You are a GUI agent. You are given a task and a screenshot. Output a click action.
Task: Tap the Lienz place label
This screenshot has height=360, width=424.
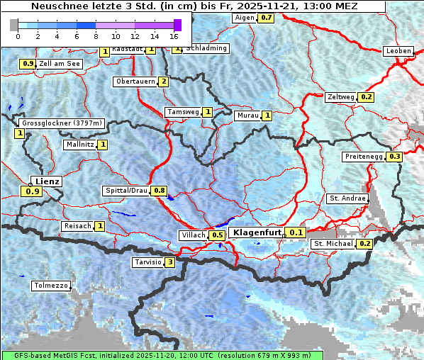[x=48, y=181]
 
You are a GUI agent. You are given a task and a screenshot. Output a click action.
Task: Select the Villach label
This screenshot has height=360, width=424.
[x=193, y=235]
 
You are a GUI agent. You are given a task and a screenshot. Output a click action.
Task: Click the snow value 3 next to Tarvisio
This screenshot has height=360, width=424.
[x=169, y=262]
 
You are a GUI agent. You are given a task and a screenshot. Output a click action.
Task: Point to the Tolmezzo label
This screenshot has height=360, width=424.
[x=51, y=286]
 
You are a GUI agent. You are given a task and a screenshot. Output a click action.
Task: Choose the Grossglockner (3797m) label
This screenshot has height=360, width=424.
[x=62, y=123]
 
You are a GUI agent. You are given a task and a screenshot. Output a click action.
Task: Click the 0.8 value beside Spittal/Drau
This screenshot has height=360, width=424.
[x=160, y=191]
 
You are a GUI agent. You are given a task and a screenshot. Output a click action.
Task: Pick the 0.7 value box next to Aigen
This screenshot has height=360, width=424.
[x=266, y=17]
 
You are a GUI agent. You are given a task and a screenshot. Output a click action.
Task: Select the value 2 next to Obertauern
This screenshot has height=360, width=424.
[x=164, y=81]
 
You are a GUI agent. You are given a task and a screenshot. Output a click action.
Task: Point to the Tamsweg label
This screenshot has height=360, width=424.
[x=183, y=112]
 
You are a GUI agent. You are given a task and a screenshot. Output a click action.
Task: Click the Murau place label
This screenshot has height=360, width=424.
[x=247, y=116]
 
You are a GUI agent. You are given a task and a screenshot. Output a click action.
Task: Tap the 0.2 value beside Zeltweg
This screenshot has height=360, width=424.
[x=366, y=97]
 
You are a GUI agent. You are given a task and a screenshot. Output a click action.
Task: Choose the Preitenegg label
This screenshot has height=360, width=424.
[x=363, y=157]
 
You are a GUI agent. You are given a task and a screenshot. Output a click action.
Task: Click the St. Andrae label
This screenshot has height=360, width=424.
[x=347, y=198]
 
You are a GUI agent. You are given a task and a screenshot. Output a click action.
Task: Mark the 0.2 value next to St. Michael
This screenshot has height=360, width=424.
[x=364, y=244]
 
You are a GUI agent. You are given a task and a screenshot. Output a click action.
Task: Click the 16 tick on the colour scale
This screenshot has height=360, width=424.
[x=174, y=35]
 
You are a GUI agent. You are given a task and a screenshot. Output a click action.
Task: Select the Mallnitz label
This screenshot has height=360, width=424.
[x=79, y=145]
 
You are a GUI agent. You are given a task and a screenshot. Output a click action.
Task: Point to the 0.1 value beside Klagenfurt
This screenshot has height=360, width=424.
[x=296, y=232]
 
